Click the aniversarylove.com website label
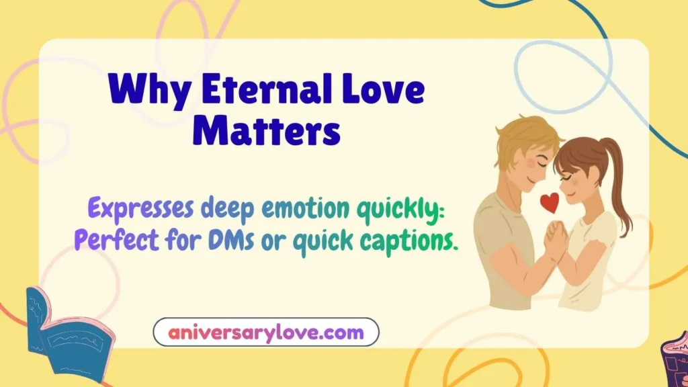[266, 332]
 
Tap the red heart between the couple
[550, 202]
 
